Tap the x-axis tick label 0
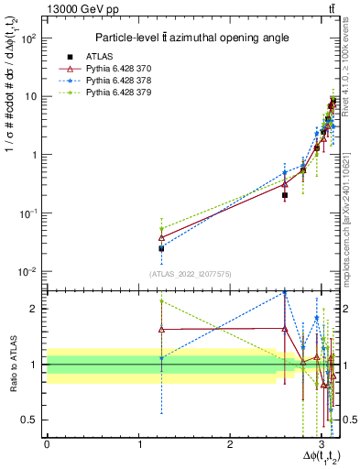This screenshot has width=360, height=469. click(47, 444)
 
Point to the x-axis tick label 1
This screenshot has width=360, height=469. click(138, 444)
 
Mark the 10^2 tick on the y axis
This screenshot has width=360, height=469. click(32, 38)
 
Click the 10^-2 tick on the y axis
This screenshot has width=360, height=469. click(32, 271)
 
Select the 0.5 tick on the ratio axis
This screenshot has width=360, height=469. click(33, 420)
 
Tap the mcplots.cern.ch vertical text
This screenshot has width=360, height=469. click(350, 211)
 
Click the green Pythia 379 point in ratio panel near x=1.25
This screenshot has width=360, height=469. click(161, 300)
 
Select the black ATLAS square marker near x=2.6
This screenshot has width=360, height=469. click(285, 195)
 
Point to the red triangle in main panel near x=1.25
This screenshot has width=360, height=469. click(161, 237)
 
